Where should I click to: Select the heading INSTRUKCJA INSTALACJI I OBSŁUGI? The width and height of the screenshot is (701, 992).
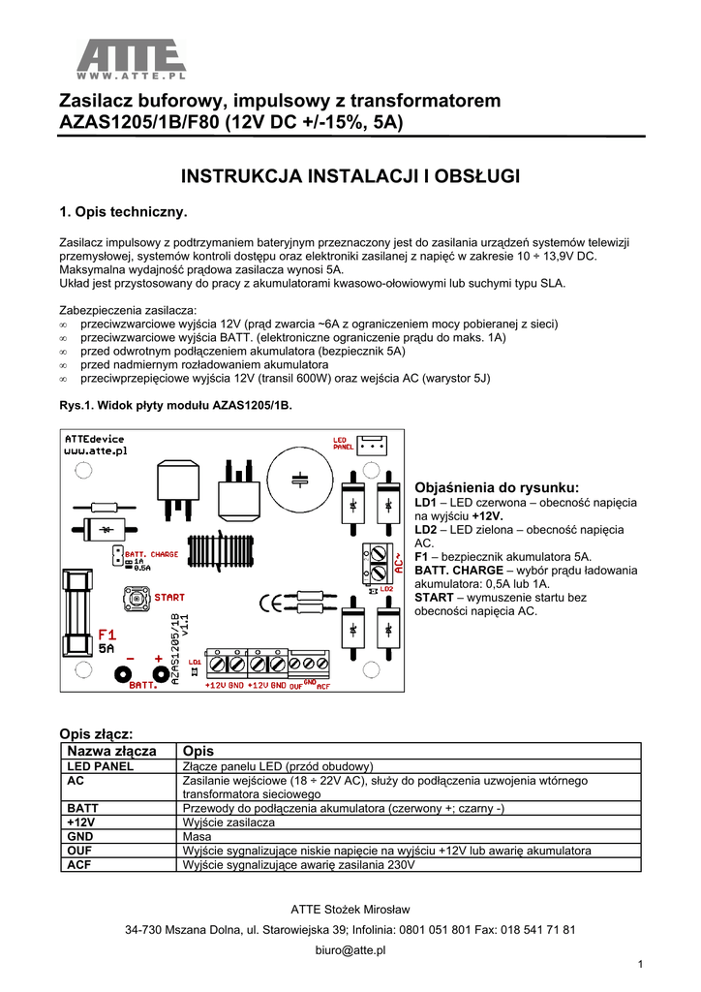(351, 176)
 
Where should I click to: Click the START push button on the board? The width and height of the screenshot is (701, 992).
(136, 598)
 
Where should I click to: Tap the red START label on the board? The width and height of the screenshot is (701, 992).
(169, 598)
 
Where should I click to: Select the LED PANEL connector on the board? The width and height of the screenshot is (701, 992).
(373, 446)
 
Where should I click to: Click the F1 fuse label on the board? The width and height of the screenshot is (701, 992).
(107, 635)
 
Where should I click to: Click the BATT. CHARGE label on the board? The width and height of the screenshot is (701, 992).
(152, 554)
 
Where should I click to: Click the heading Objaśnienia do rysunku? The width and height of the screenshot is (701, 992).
(496, 487)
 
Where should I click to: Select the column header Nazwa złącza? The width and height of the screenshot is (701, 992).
(110, 751)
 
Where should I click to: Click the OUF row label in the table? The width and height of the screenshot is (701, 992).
(79, 850)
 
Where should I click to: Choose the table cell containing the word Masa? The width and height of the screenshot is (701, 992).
(197, 835)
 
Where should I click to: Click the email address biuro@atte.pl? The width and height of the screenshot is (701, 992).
(350, 950)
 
